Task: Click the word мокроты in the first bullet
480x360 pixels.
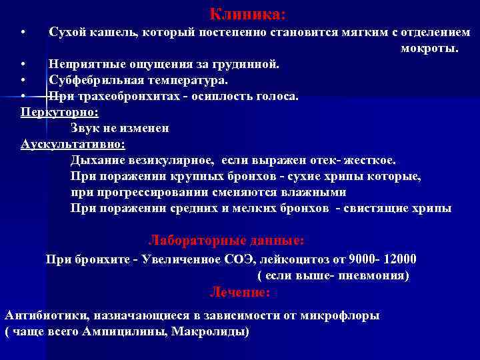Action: [429, 49]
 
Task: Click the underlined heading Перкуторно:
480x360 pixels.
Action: [60, 111]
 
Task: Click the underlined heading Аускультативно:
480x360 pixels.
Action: [73, 144]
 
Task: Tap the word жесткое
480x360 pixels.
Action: [371, 160]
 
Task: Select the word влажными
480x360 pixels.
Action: [313, 192]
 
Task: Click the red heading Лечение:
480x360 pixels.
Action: [240, 292]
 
